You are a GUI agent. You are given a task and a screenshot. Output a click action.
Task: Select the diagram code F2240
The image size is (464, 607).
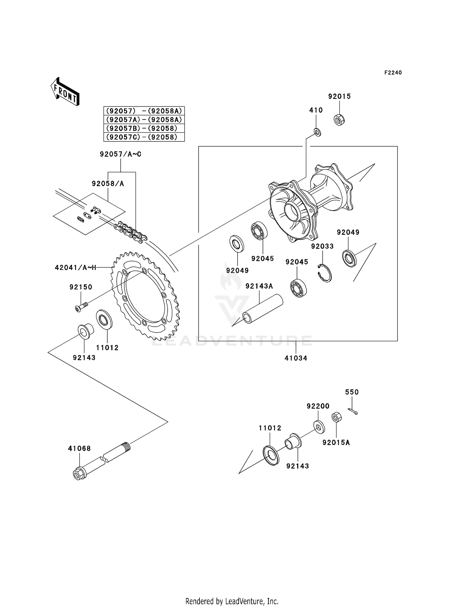tap(393, 73)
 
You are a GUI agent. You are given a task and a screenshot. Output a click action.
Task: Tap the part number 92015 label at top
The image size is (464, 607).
tap(339, 97)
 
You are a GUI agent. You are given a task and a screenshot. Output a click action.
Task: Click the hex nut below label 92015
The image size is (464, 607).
tap(339, 120)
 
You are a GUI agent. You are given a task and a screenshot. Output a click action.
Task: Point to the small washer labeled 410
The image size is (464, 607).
tap(317, 132)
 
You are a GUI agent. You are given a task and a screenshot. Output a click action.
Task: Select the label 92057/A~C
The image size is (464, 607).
tap(120, 154)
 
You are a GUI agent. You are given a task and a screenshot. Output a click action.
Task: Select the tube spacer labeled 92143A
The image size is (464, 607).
tap(263, 309)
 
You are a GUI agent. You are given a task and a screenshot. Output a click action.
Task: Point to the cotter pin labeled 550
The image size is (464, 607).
tap(352, 411)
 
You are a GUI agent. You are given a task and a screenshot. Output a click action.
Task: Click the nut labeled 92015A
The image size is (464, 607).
tap(337, 418)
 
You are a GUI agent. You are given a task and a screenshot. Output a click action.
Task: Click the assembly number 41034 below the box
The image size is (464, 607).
tap(296, 358)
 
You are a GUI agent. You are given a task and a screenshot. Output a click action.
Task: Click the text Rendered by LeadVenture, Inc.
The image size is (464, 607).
tap(232, 601)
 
